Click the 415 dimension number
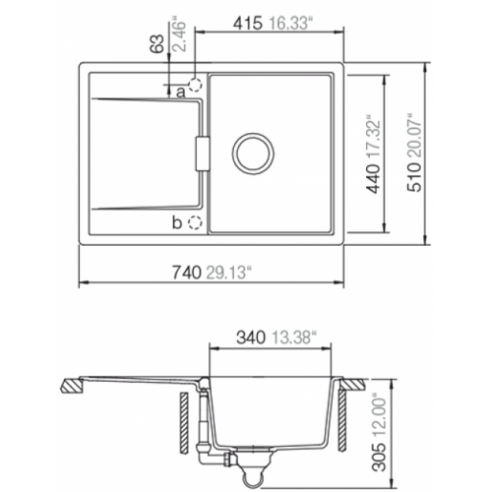248,24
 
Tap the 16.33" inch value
289,24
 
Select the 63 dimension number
156,43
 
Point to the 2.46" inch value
179,36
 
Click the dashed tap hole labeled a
195,85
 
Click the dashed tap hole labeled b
195,222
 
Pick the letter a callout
181,92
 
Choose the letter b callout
177,222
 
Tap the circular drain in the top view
253,154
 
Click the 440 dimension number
374,179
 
